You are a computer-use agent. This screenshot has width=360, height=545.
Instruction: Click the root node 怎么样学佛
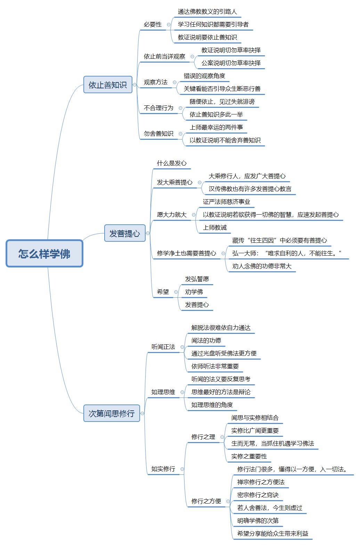point(44,253)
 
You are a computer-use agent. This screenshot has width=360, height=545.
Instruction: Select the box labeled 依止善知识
point(108,85)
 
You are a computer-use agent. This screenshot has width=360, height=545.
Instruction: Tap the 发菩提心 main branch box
point(125,233)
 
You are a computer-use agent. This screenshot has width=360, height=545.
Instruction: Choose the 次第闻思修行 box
point(112,413)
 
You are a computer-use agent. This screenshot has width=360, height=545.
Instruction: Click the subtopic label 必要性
point(153,24)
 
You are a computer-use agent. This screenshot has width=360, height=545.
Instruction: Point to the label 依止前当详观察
point(164,56)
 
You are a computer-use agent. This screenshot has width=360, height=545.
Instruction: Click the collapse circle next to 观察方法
point(174,82)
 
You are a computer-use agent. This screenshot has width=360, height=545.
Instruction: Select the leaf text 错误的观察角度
point(204,76)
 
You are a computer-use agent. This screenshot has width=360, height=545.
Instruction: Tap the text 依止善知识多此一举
point(216,114)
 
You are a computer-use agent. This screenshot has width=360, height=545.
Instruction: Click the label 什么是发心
point(172,163)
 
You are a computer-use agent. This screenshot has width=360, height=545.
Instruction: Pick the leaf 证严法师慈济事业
point(227,202)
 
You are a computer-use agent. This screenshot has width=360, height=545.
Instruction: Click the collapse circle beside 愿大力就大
point(194,215)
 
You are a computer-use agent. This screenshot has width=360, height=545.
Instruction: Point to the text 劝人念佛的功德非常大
point(262,266)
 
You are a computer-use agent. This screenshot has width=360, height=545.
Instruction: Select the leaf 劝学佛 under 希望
point(194,292)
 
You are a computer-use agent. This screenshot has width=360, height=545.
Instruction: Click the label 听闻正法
point(163,347)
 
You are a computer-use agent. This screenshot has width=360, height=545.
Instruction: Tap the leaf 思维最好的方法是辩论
point(221,392)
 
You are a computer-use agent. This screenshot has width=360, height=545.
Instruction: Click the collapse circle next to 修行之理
point(222,437)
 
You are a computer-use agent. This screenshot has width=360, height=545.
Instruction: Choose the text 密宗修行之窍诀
point(258,495)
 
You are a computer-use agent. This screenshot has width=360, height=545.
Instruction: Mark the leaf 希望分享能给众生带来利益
point(273,534)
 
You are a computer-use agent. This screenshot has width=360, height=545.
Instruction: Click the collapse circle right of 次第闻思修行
point(142,413)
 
